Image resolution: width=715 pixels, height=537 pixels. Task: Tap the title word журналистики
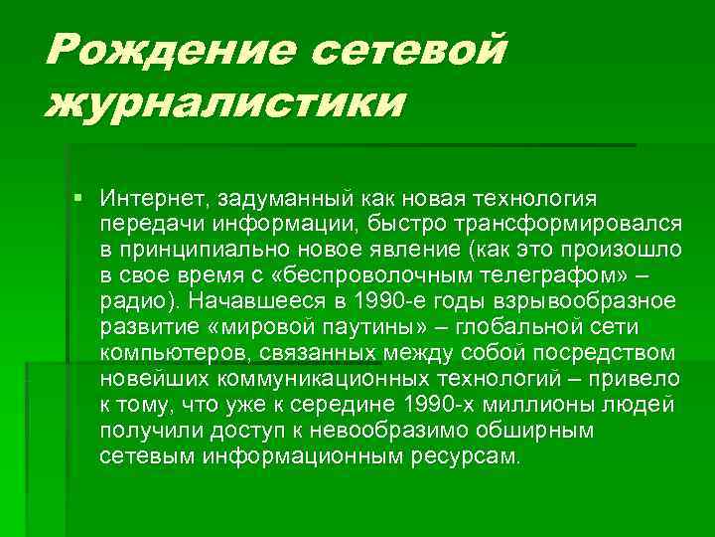tap(224, 103)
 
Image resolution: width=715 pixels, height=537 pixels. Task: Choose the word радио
tap(131, 300)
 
